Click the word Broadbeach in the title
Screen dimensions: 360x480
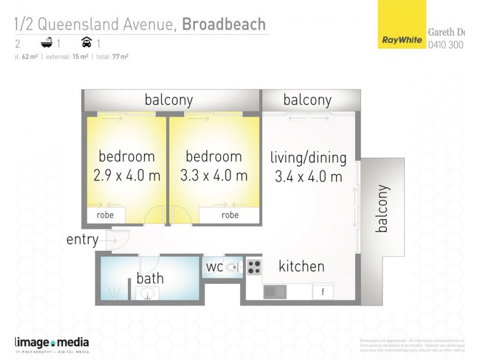[x=224, y=24]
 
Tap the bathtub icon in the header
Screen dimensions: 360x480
[x=46, y=43]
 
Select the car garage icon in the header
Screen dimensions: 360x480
[x=86, y=43]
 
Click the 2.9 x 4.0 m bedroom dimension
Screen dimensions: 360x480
[x=127, y=176]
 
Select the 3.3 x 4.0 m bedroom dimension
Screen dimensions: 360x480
[x=214, y=176]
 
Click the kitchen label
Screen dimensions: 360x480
[x=301, y=266]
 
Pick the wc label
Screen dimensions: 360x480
[x=215, y=266]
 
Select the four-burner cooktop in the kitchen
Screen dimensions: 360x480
[x=253, y=267]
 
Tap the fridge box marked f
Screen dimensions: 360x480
[x=323, y=292]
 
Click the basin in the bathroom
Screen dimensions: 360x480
[x=146, y=293]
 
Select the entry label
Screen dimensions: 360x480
[x=82, y=240]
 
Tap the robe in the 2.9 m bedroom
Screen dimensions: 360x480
[x=106, y=215]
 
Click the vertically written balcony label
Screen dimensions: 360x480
[x=382, y=208]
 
